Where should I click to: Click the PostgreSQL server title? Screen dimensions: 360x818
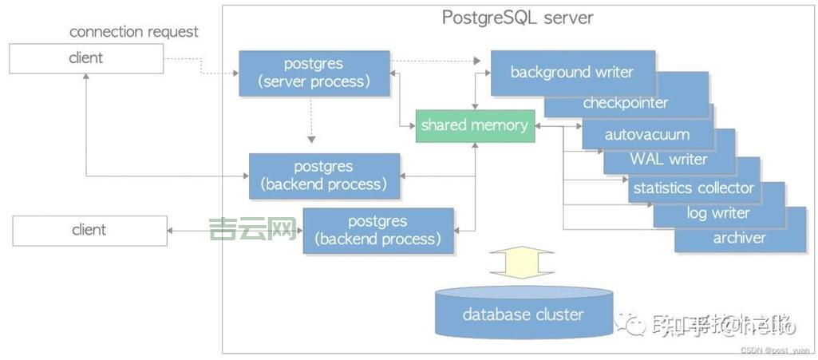click(x=517, y=18)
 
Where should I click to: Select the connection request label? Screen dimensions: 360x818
click(x=134, y=32)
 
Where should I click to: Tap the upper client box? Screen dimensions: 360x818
click(x=86, y=58)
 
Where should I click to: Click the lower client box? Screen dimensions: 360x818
click(x=89, y=230)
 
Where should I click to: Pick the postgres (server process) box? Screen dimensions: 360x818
click(x=314, y=73)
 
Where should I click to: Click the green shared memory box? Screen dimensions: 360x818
click(x=475, y=125)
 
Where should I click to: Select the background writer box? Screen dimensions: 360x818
click(x=571, y=72)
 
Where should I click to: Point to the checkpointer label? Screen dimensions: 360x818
click(x=625, y=103)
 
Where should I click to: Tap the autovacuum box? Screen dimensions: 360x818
click(x=646, y=134)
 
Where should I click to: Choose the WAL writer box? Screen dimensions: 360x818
click(x=668, y=159)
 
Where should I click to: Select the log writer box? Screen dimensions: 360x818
click(x=717, y=213)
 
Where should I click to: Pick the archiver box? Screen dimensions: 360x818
click(x=739, y=238)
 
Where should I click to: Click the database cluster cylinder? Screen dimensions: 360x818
click(x=523, y=314)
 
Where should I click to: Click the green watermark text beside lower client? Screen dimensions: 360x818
click(x=252, y=230)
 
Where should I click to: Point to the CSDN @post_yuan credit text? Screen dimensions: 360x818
click(x=774, y=350)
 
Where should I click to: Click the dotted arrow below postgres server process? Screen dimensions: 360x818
click(x=311, y=124)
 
